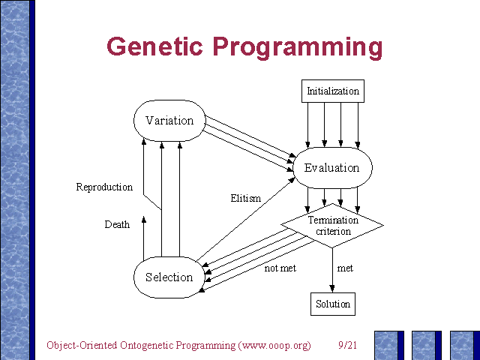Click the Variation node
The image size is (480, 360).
169,121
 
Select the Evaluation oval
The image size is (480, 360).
331,168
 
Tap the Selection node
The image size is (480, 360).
169,277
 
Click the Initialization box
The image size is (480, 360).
333,91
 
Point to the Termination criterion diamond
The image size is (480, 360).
332,225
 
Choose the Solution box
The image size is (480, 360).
331,304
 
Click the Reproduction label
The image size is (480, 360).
104,187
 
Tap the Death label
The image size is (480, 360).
117,224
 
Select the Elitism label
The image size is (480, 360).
246,199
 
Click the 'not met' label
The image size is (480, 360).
280,268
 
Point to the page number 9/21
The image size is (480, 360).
346,346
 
